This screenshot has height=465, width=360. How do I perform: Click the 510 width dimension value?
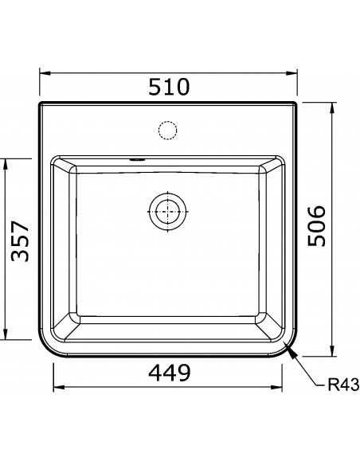[168, 87]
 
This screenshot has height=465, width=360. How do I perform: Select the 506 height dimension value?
[316, 225]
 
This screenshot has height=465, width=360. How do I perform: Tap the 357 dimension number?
[20, 241]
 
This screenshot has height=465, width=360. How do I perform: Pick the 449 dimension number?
[170, 373]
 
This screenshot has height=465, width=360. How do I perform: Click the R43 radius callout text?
[343, 385]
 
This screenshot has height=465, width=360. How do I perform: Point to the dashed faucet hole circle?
[167, 131]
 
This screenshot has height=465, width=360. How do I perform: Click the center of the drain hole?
[167, 212]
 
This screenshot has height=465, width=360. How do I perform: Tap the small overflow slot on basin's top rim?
[137, 159]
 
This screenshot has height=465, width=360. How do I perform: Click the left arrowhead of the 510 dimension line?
[45, 73]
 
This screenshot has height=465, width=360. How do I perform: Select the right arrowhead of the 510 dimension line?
[292, 73]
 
